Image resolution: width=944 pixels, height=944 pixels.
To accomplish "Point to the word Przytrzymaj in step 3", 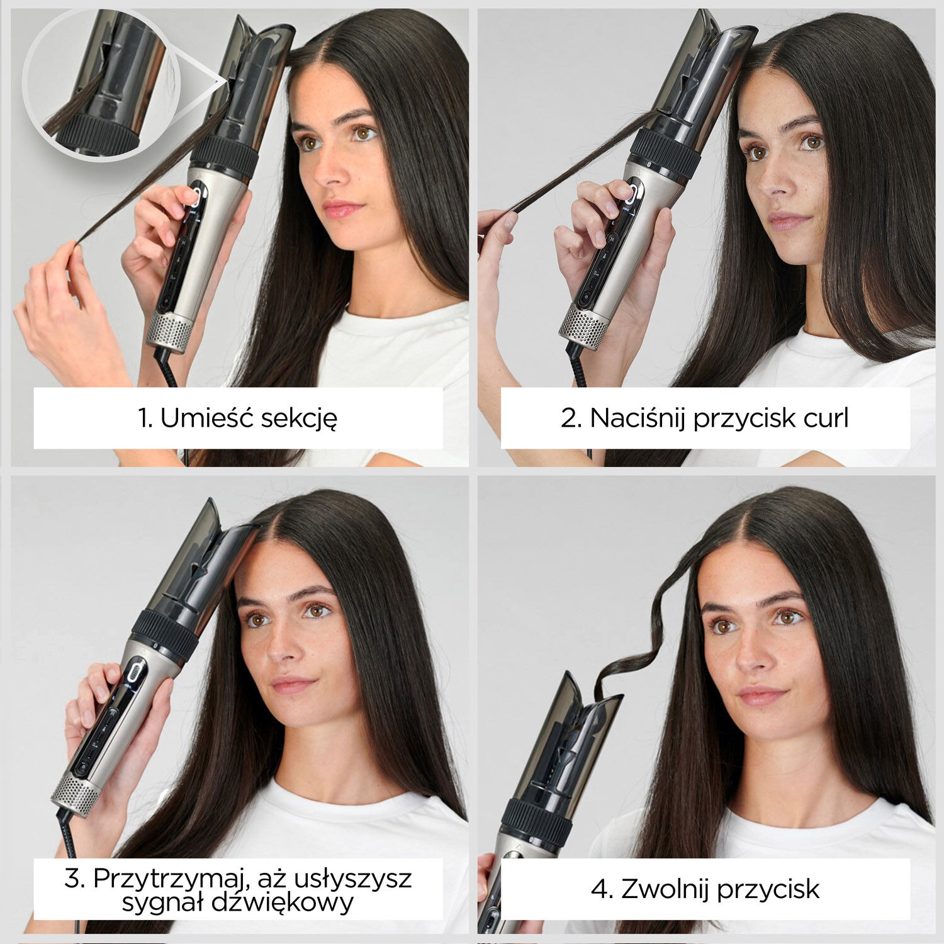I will coord(165,879).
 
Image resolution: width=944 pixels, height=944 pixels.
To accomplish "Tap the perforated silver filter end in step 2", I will coord(584,326).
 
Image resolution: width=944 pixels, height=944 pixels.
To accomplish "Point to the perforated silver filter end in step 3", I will coord(74,794).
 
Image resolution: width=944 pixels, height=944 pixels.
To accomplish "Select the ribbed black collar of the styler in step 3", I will coord(165,636).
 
